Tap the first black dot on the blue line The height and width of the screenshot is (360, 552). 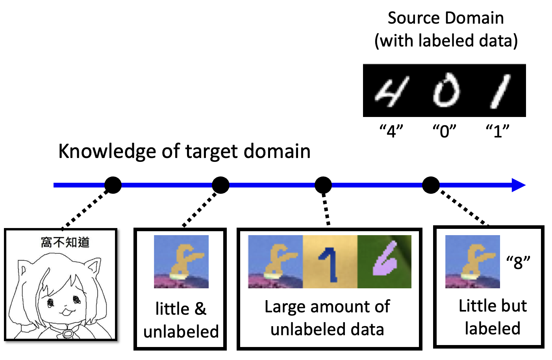point(113,185)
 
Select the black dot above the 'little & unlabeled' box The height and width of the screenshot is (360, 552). point(220,185)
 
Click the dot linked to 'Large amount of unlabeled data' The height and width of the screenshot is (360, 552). point(323,185)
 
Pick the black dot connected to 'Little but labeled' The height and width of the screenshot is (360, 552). point(431,185)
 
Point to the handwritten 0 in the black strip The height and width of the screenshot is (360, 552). point(446,91)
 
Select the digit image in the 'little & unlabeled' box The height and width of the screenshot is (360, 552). point(181,262)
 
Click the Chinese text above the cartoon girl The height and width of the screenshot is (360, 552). point(65,242)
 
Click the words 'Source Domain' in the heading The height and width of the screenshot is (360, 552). point(446,18)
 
